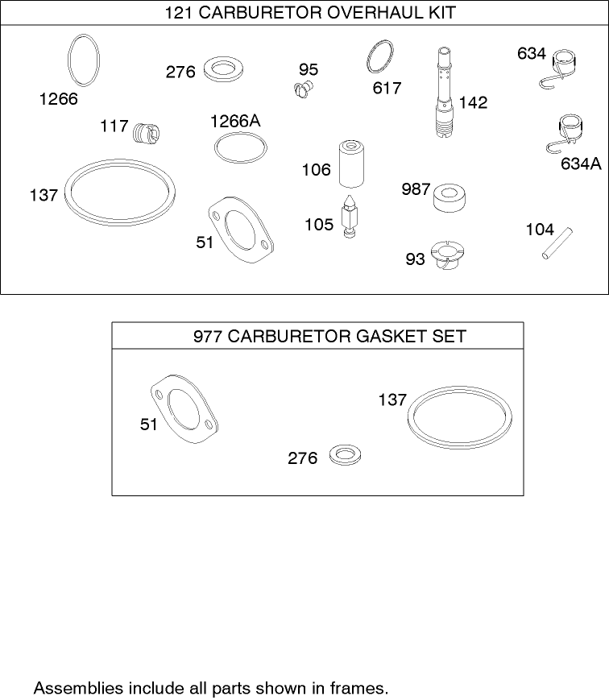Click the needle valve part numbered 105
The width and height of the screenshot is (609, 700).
point(350,216)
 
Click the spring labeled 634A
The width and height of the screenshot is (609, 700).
point(570,134)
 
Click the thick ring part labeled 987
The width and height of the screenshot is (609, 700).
point(451,197)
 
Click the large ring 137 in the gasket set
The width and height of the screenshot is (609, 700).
point(459,417)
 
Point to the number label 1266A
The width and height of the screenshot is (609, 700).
point(235,122)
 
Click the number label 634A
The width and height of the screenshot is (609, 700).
point(581,164)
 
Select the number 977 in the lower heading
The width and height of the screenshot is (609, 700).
point(208,336)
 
